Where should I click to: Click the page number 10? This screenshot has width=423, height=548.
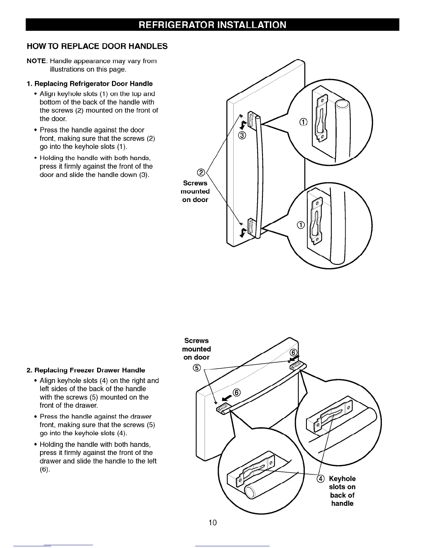pyautogui.click(x=213, y=522)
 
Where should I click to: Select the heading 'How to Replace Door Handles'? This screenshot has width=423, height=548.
pyautogui.click(x=97, y=46)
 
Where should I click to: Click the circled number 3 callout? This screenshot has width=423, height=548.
pyautogui.click(x=242, y=135)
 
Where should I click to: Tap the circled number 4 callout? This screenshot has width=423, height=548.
pyautogui.click(x=321, y=479)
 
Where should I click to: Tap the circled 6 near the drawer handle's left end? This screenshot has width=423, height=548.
pyautogui.click(x=237, y=392)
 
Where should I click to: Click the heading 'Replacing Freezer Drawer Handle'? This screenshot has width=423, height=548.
pyautogui.click(x=86, y=370)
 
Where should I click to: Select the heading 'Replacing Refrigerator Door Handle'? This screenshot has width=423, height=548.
pyautogui.click(x=90, y=84)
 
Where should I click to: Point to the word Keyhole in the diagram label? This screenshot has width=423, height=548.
pyautogui.click(x=342, y=479)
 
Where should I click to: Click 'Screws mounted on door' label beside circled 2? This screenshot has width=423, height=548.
pyautogui.click(x=195, y=191)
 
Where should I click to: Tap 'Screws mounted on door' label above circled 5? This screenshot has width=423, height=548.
pyautogui.click(x=196, y=349)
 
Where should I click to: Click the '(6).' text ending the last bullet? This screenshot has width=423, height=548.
pyautogui.click(x=45, y=469)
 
